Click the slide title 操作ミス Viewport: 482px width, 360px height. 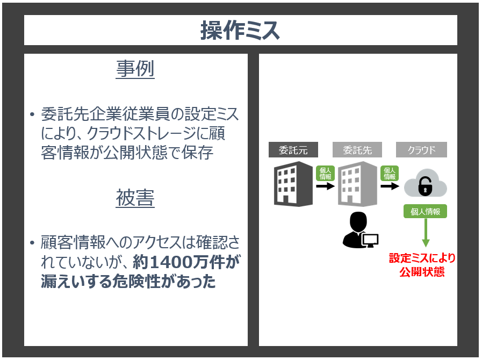(240, 30)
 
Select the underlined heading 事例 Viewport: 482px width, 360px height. (135, 69)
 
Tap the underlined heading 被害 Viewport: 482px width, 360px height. (135, 198)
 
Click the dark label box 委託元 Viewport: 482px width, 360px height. (293, 150)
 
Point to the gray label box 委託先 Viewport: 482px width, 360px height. (357, 150)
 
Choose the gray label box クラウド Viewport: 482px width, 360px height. (421, 150)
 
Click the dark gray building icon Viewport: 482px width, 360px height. (293, 184)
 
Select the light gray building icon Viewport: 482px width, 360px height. (357, 184)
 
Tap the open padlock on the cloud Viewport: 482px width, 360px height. (425, 186)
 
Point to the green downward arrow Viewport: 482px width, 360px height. (426, 233)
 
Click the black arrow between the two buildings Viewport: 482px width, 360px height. (325, 186)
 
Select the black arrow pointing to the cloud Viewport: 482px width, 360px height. (390, 186)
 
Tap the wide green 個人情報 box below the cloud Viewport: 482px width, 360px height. (425, 212)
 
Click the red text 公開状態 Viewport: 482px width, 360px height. (422, 272)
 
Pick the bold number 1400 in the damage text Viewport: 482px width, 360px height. (166, 262)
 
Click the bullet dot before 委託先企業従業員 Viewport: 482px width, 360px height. (32, 114)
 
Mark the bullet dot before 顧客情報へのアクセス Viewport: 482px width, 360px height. (32, 243)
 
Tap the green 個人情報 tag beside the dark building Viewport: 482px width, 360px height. (325, 174)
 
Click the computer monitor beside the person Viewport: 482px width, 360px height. (370, 240)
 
